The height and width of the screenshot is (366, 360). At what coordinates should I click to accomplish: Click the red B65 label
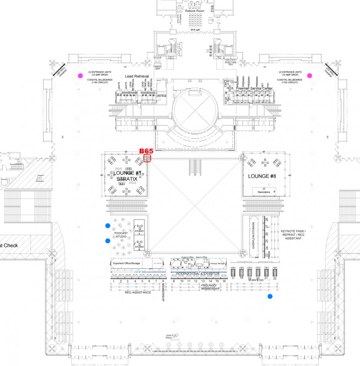coord(146,151)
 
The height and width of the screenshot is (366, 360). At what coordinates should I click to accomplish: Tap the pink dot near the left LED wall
coord(80,76)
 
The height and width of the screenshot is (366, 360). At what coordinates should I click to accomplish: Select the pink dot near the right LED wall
coord(310,76)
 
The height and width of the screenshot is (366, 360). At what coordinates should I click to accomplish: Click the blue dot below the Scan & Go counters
coord(270,296)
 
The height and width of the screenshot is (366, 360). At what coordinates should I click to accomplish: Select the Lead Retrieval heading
coord(137,76)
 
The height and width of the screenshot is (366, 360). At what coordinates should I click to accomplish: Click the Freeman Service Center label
coord(254,89)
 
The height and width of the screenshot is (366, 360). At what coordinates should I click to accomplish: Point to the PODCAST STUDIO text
coord(121,235)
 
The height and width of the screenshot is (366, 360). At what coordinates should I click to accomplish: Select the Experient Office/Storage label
coord(126,263)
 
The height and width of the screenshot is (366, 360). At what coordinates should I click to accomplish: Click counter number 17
coord(233,278)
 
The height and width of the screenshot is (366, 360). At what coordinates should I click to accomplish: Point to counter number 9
coord(173,281)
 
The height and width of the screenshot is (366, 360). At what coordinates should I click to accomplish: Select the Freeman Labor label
coord(158,68)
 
